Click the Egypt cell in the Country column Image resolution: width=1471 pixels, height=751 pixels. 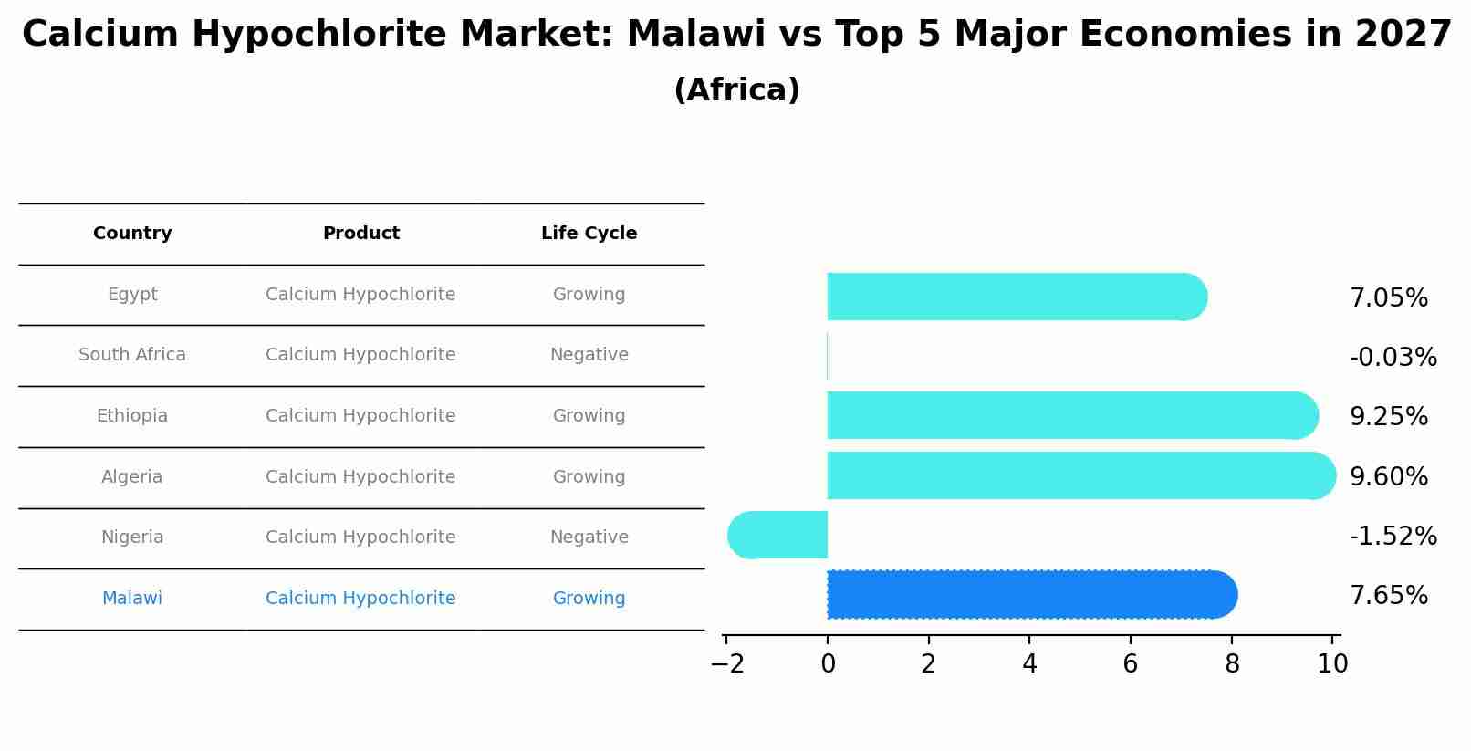132,295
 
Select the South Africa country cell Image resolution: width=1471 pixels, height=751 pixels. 132,355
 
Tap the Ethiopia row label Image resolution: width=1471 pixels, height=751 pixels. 132,416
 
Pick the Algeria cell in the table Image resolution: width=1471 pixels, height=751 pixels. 132,477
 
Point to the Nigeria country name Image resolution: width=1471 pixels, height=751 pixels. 132,537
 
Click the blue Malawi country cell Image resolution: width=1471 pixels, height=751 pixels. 132,599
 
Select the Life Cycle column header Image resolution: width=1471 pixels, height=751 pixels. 589,234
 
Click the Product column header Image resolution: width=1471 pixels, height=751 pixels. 361,234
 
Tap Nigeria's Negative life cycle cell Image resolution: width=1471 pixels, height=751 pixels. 589,537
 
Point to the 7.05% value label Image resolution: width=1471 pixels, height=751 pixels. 1388,298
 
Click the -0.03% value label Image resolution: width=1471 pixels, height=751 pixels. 1393,358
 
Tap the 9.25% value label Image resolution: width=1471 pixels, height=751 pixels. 1388,417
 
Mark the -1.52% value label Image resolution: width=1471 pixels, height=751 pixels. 1393,537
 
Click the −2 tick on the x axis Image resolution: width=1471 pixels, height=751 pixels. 727,664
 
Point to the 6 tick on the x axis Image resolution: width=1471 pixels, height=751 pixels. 1131,664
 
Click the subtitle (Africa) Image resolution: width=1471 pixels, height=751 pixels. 736,90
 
